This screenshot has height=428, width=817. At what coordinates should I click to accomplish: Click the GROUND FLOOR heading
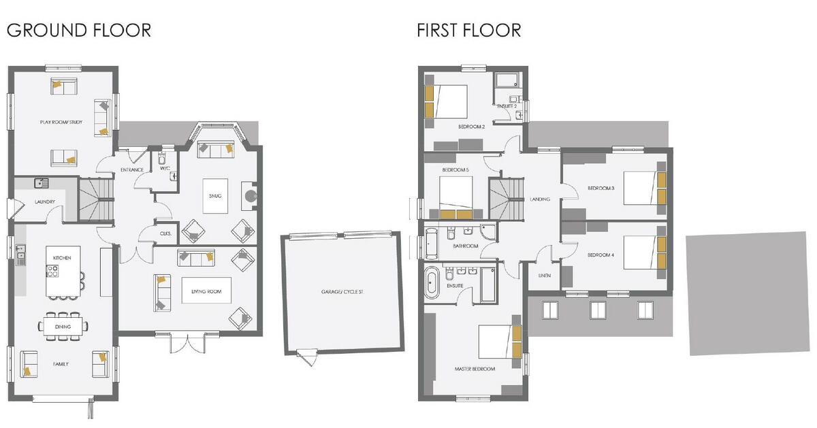coord(78,30)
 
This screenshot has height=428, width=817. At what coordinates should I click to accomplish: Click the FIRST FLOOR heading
coord(469,30)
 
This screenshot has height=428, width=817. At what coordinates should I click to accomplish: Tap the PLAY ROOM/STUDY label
coord(61,122)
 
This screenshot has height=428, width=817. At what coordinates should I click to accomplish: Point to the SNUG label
coord(216,196)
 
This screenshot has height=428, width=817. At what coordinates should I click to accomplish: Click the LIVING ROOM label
coord(206,291)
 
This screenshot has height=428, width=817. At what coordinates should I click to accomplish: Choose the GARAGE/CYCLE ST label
coord(342,292)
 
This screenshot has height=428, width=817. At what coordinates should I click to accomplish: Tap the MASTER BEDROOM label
coord(475,369)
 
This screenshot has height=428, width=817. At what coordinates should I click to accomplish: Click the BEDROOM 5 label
coord(455,169)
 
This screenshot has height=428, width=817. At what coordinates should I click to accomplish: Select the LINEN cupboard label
coord(544,276)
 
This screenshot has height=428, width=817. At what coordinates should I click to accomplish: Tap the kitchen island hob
coord(52,271)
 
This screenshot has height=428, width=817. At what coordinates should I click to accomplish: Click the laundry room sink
coord(41,182)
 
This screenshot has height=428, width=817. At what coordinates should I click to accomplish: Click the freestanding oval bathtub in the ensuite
coord(431,283)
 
